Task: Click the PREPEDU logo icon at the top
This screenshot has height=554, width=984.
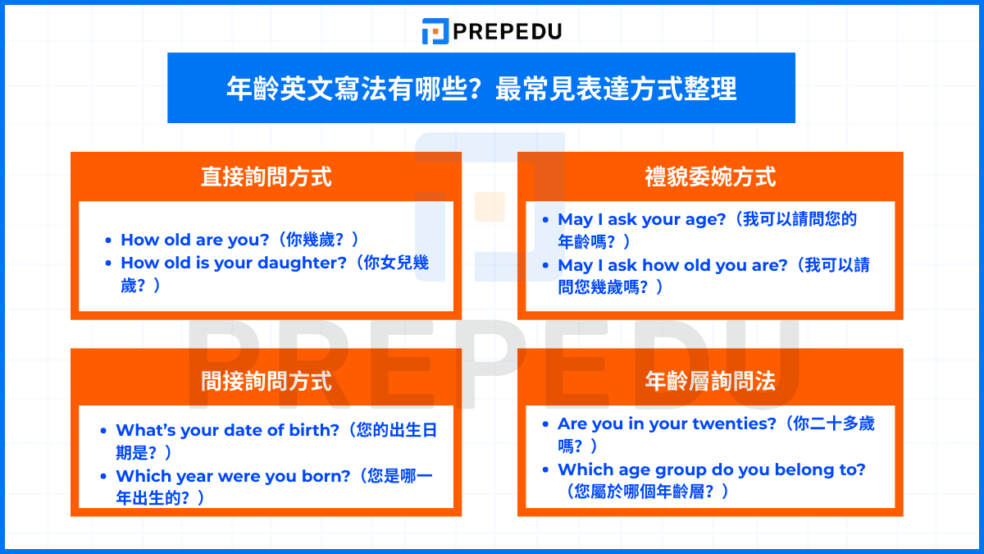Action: (x=435, y=31)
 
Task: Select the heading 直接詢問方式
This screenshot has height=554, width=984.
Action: (x=266, y=177)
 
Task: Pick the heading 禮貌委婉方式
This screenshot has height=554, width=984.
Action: (x=710, y=177)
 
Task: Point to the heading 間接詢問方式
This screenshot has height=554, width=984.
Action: (x=266, y=381)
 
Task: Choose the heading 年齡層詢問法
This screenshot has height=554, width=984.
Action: (x=710, y=381)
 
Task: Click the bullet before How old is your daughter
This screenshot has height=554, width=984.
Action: (x=108, y=263)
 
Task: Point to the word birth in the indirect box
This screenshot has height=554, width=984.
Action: (x=314, y=430)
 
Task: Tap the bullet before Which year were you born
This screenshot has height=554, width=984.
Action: (x=103, y=476)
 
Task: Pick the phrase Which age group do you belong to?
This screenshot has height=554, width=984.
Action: (x=711, y=469)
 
